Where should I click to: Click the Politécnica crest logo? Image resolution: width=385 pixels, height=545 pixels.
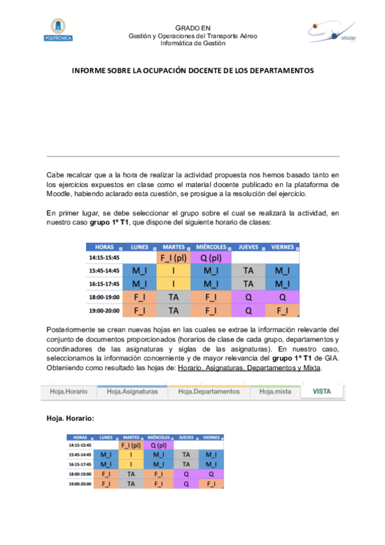(x=58, y=30)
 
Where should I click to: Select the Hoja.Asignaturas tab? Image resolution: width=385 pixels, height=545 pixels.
(x=132, y=391)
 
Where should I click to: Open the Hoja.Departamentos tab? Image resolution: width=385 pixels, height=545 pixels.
(x=208, y=391)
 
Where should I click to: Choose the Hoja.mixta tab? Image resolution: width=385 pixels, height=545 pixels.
(x=275, y=391)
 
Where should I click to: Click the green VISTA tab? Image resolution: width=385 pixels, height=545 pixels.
(x=322, y=391)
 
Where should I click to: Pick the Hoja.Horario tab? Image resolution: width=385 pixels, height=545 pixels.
(x=68, y=391)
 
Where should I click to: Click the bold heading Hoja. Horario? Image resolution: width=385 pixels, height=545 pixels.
(x=70, y=418)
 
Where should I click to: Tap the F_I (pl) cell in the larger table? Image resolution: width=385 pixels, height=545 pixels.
(x=174, y=258)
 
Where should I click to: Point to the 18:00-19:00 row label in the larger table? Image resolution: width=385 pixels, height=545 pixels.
(x=104, y=298)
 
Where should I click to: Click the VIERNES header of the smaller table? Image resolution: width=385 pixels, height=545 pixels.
(x=212, y=436)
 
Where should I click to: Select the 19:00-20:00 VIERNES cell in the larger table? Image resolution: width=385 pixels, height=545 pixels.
(x=283, y=310)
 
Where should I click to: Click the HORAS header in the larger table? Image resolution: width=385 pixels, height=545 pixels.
(x=104, y=247)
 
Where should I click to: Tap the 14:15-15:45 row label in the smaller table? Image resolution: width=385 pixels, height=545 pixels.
(x=81, y=445)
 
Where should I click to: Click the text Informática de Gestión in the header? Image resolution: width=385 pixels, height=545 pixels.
(x=193, y=44)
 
